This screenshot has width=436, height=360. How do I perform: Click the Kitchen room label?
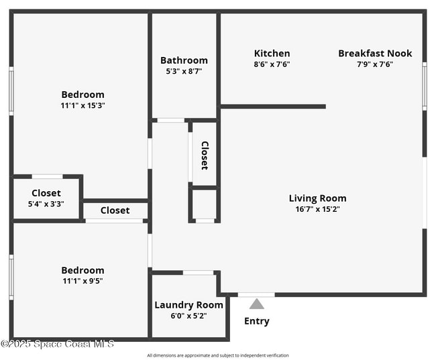(272, 54)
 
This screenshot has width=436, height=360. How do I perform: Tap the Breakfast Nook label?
(375, 54)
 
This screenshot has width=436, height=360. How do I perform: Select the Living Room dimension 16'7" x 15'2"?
(317, 209)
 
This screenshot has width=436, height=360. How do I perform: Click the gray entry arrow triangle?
(257, 304)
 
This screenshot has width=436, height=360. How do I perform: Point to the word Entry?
(257, 321)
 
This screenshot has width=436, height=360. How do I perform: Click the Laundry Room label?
(188, 305)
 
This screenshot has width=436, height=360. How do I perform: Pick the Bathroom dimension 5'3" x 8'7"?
(184, 71)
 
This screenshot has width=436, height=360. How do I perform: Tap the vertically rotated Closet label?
(205, 155)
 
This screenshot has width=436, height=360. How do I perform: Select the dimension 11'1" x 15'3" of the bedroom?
(83, 105)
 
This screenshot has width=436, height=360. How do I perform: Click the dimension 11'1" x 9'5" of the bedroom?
(83, 281)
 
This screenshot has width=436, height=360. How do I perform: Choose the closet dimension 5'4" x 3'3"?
(46, 204)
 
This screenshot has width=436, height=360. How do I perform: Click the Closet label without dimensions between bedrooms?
(115, 211)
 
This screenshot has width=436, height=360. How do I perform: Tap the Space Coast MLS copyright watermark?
(58, 344)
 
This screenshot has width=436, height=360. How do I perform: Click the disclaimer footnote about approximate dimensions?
(218, 355)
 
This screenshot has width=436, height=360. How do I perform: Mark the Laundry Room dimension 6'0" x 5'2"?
(188, 316)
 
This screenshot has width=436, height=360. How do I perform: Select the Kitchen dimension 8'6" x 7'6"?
(272, 64)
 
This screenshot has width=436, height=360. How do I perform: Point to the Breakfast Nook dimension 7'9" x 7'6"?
(375, 64)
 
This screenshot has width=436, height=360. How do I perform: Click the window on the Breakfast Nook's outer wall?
(424, 85)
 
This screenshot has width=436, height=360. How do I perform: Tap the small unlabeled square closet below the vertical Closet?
(205, 204)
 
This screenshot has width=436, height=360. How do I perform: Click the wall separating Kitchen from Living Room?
(272, 106)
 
